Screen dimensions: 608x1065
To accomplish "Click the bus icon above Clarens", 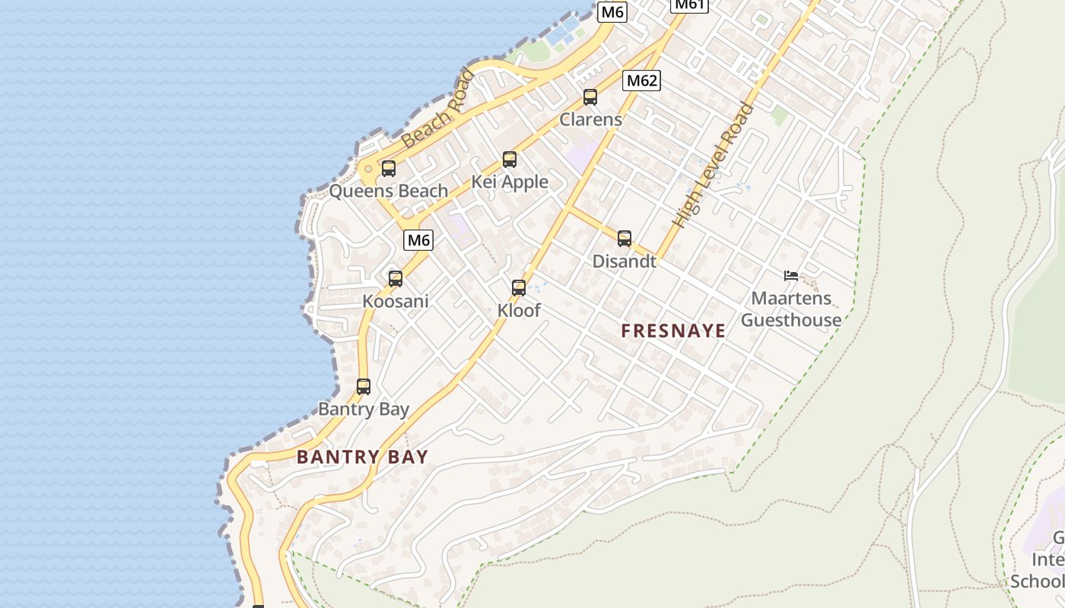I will click(x=590, y=97).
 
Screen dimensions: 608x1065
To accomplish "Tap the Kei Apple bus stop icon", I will click(x=510, y=160).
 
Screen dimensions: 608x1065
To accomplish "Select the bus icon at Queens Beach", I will click(x=389, y=169).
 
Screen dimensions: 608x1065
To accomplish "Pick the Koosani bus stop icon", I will click(x=396, y=279).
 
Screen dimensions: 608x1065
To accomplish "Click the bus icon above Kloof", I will click(x=519, y=288).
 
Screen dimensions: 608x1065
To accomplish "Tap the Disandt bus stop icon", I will click(x=625, y=239).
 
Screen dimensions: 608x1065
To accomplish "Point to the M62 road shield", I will click(x=641, y=81).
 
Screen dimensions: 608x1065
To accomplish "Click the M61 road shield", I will click(x=690, y=5).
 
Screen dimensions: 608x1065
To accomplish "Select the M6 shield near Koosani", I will click(x=418, y=240).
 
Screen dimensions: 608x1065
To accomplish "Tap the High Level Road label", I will click(x=714, y=165).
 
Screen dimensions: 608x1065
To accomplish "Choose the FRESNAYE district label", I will click(x=673, y=331).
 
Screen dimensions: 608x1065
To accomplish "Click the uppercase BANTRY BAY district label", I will click(x=363, y=457).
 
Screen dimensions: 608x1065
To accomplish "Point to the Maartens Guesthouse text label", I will click(x=791, y=309).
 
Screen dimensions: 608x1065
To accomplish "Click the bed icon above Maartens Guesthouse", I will click(x=791, y=275).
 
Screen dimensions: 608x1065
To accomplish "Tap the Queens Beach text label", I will click(x=388, y=191).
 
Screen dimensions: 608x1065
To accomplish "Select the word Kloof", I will click(x=519, y=310).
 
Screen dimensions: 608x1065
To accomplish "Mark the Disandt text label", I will click(x=625, y=261).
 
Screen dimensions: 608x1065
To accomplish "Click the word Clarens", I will click(x=591, y=119).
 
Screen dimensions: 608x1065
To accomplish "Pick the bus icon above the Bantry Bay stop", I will click(x=364, y=387).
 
